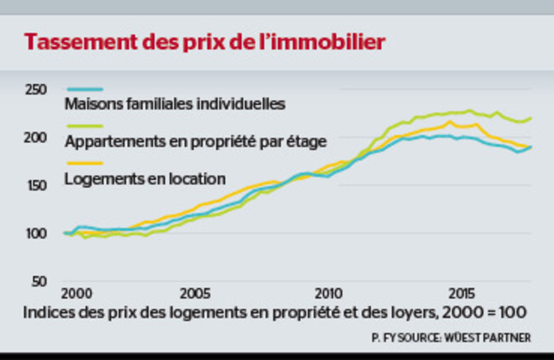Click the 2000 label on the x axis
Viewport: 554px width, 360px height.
tap(76, 292)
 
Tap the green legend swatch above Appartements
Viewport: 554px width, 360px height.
tap(85, 126)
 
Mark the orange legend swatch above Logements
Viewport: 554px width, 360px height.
tap(85, 164)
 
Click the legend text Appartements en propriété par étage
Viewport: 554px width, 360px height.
tap(196, 142)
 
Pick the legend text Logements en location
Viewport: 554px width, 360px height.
tap(145, 179)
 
